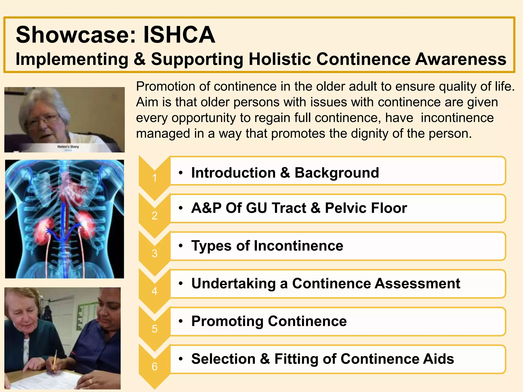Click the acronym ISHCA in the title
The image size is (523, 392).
179,35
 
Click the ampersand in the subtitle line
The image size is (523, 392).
139,59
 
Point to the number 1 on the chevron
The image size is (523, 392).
154,178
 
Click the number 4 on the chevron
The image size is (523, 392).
154,291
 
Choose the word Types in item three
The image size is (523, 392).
212,246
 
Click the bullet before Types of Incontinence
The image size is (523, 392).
181,246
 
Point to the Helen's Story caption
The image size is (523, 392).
68,147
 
